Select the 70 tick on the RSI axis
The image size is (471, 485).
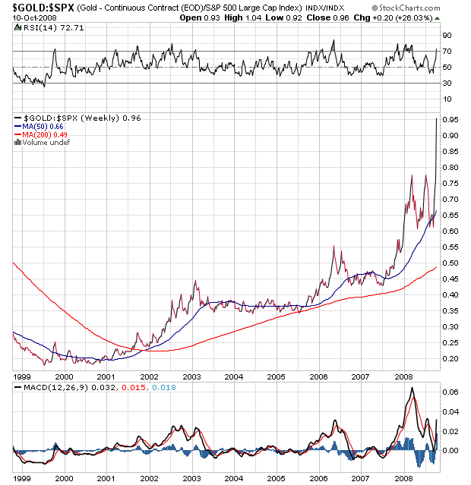click(447, 52)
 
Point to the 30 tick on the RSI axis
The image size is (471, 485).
click(447, 83)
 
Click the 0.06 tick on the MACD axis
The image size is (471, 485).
click(450, 392)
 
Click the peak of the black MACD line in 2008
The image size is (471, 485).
click(411, 389)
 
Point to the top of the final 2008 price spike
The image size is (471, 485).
click(436, 118)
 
